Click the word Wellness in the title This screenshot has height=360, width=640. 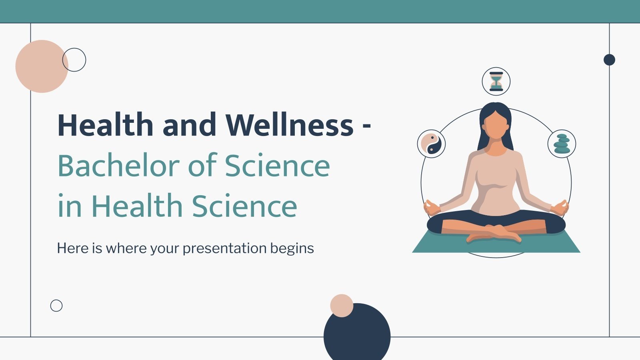click(289, 125)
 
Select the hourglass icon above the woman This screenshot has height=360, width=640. click(496, 81)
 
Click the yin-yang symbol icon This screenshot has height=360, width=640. click(431, 144)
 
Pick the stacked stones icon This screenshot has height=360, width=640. click(562, 144)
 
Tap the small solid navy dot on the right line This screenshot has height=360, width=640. click(609, 60)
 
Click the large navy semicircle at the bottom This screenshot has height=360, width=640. click(357, 334)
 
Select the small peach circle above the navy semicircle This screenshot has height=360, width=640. click(342, 306)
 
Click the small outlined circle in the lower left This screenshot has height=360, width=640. click(56, 306)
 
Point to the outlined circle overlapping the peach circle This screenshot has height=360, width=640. click(74, 60)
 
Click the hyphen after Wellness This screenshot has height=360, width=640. click(366, 126)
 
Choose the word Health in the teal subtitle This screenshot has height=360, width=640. click(137, 206)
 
